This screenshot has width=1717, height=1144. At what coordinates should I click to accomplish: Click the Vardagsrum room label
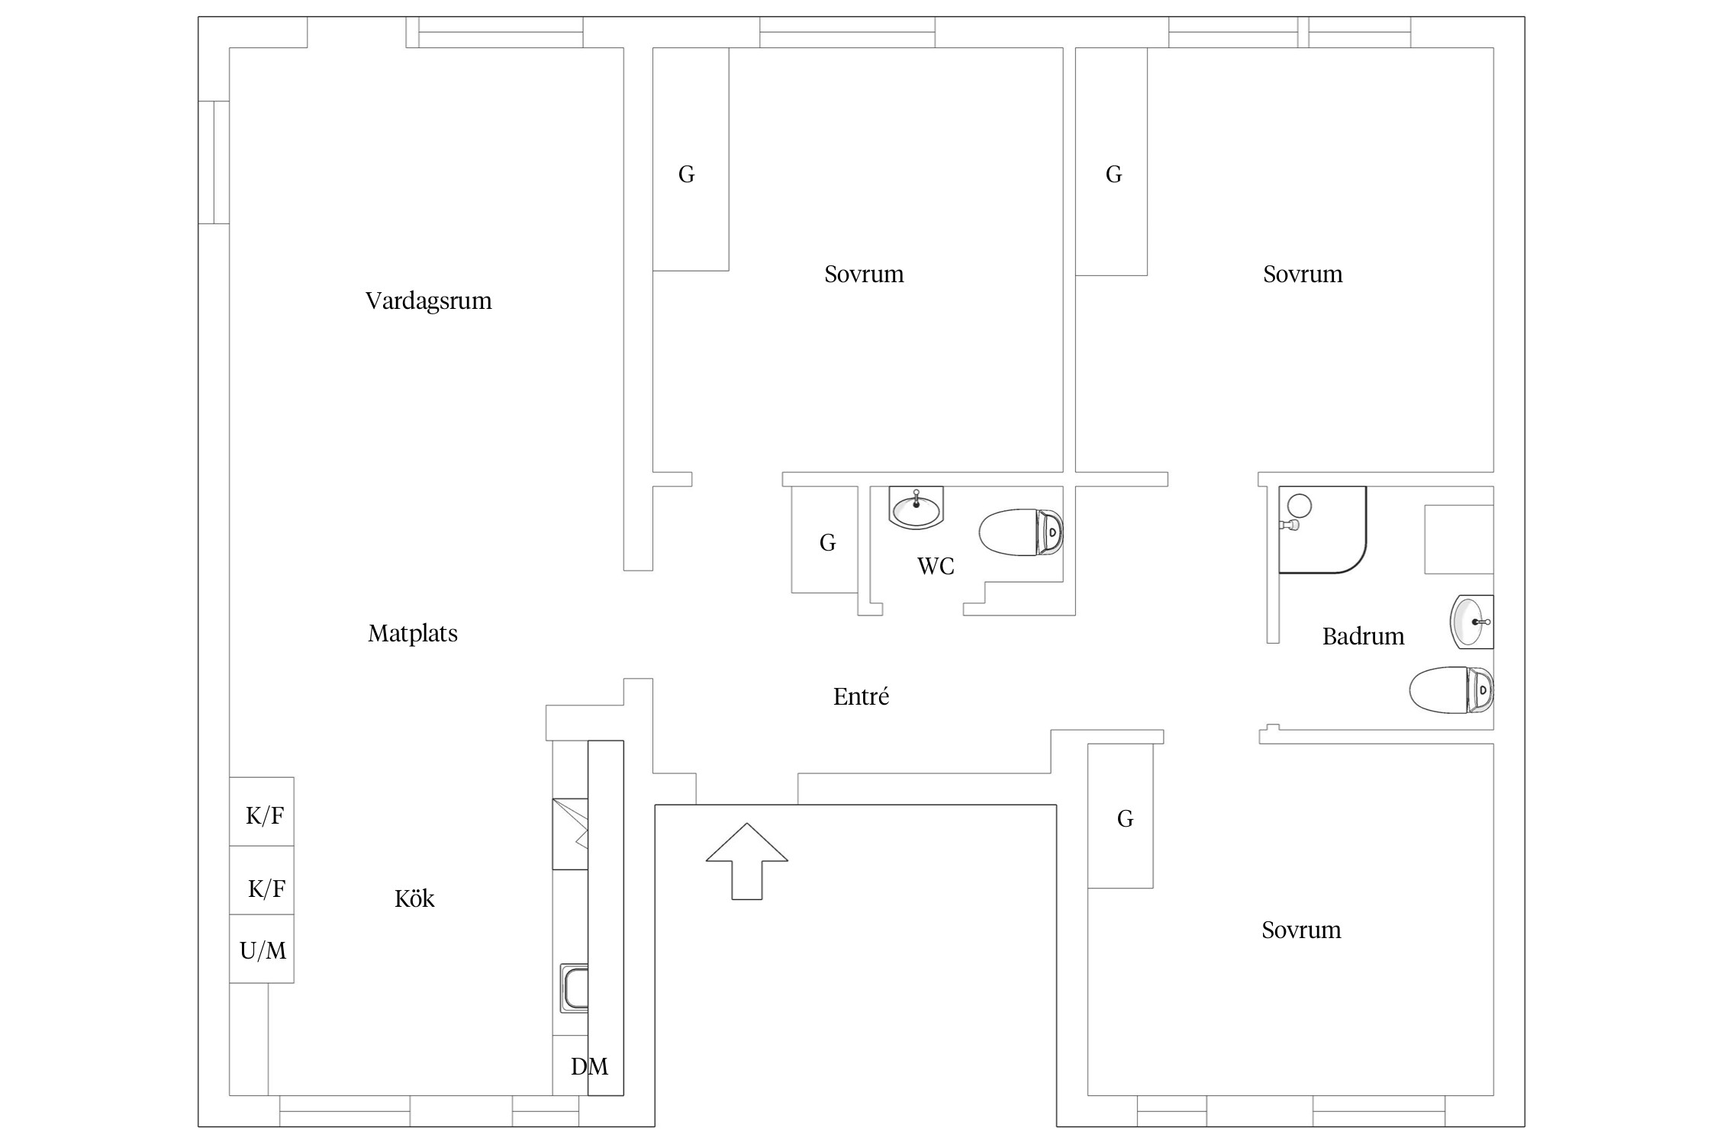428,301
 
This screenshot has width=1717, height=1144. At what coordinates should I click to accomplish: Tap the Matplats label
413,634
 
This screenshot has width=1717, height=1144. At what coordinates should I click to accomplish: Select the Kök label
414,899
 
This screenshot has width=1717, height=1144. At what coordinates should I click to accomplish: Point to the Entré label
861,697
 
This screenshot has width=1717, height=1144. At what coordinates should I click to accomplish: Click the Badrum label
1363,637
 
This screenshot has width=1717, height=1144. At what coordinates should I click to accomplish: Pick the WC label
936,567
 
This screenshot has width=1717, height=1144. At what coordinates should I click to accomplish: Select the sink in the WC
916,507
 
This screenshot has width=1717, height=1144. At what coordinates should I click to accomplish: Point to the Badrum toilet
1450,690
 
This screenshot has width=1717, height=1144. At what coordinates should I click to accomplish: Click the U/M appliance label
263,951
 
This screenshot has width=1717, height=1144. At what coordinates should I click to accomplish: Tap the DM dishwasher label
589,1066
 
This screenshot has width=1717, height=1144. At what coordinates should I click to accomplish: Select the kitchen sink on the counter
575,988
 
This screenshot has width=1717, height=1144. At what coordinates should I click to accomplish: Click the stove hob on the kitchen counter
570,834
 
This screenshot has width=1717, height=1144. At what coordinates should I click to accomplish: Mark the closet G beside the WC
827,543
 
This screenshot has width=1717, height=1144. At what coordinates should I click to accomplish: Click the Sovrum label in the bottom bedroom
1301,930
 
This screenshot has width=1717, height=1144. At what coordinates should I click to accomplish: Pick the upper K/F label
265,817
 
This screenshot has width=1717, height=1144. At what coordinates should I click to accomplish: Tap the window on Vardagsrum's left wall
214,162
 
